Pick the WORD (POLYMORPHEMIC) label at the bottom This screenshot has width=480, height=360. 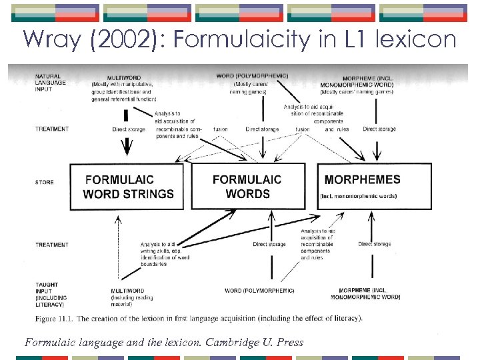259,291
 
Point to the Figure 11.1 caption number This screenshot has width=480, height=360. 75,319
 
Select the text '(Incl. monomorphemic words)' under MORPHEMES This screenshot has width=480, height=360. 359,197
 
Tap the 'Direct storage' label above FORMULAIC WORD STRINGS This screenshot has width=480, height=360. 129,129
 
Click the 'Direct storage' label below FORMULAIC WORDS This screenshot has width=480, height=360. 269,245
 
